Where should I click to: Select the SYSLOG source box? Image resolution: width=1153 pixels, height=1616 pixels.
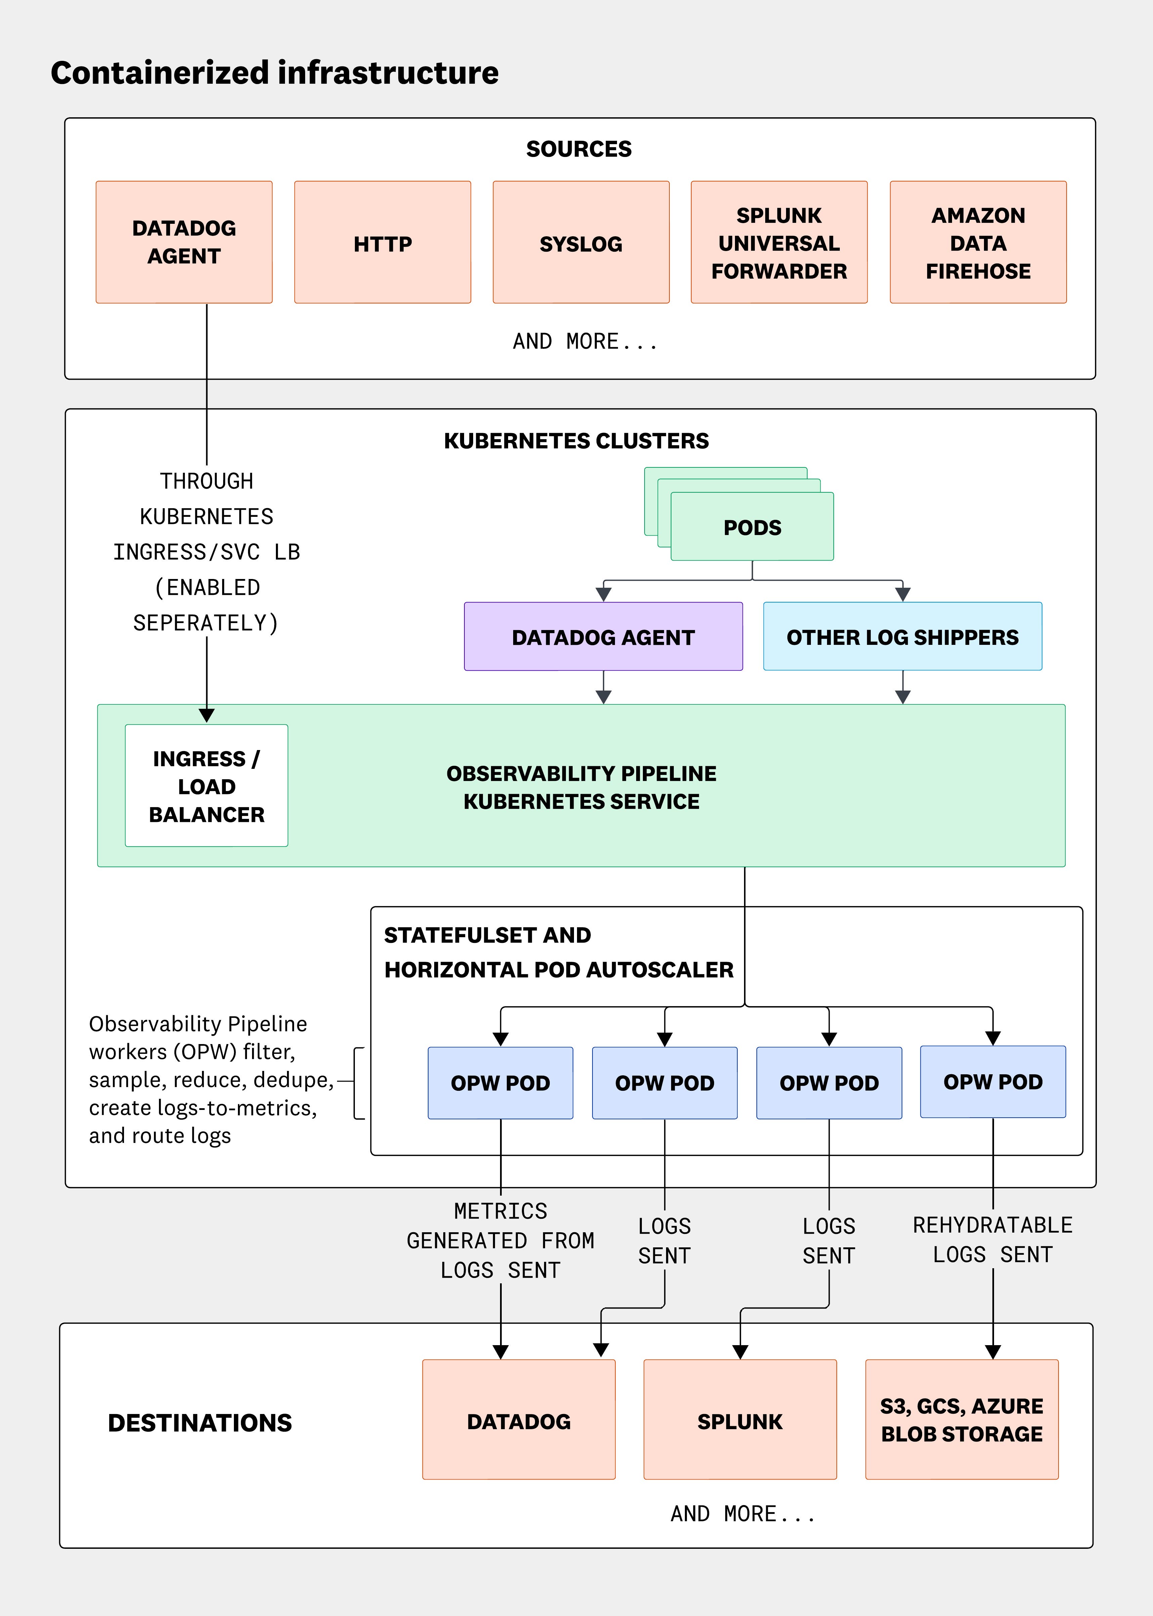click(x=581, y=243)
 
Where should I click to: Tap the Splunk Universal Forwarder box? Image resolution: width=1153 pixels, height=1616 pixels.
click(x=779, y=243)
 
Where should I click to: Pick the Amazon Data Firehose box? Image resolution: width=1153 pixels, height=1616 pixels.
click(x=978, y=243)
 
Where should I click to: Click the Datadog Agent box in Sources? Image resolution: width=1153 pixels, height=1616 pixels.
click(x=184, y=243)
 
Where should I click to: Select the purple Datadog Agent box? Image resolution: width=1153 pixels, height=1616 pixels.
click(x=603, y=637)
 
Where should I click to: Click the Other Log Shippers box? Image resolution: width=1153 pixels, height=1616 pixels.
click(x=902, y=637)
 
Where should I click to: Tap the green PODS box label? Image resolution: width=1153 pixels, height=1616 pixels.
click(x=752, y=528)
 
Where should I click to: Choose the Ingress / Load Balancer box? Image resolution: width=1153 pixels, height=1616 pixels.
click(x=207, y=786)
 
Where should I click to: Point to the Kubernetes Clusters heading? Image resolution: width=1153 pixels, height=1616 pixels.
click(x=576, y=441)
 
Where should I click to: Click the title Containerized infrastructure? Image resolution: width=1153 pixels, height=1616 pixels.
click(x=275, y=73)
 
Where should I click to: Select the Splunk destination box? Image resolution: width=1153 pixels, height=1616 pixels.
click(x=740, y=1421)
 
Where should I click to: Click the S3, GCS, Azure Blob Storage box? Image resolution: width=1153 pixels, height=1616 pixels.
click(x=961, y=1421)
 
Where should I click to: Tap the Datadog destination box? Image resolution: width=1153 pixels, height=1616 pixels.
click(x=518, y=1421)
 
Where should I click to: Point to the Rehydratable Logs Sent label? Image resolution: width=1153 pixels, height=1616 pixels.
click(x=992, y=1240)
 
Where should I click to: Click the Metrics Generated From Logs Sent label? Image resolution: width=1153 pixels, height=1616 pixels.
click(x=500, y=1240)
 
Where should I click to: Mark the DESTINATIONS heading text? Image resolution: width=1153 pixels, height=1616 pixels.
click(x=200, y=1423)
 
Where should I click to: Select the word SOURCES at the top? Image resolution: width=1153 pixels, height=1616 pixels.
click(x=579, y=149)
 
